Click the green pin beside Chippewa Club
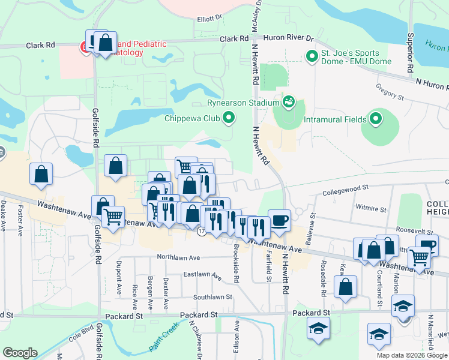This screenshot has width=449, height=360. pyautogui.click(x=228, y=118)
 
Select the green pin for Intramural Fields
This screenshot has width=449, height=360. pyautogui.click(x=376, y=119)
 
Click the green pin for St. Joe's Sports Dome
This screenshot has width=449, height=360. pyautogui.click(x=312, y=57)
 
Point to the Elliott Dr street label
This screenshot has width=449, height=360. pyautogui.click(x=209, y=19)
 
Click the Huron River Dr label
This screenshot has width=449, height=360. pyautogui.click(x=293, y=38)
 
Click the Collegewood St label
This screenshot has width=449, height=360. pyautogui.click(x=345, y=191)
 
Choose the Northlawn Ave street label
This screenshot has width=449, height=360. pyautogui.click(x=178, y=257)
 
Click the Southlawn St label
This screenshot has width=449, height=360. pyautogui.click(x=212, y=297)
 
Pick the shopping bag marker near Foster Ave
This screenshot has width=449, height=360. pyautogui.click(x=41, y=173)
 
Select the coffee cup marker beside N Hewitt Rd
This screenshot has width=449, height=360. pyautogui.click(x=279, y=220)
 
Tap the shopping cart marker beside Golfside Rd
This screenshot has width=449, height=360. pyautogui.click(x=112, y=216)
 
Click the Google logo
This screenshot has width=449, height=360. pyautogui.click(x=19, y=353)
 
